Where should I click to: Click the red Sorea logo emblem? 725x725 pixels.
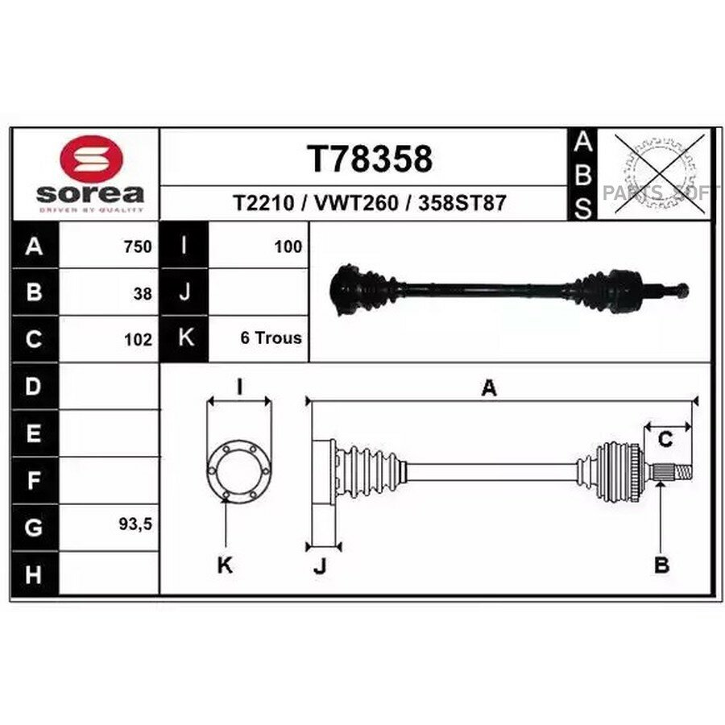(x=92, y=159)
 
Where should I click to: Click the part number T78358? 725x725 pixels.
(x=370, y=159)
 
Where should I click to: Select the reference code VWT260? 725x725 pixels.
(x=356, y=203)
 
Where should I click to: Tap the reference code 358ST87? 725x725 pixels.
(x=462, y=203)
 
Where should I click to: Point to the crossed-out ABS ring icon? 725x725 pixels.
(x=660, y=174)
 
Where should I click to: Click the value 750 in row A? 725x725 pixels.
(x=138, y=247)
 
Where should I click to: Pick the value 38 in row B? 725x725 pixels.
(x=143, y=294)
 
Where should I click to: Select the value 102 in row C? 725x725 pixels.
(x=138, y=340)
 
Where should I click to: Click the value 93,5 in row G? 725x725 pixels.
(x=135, y=524)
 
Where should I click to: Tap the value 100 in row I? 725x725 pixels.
(x=288, y=247)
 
